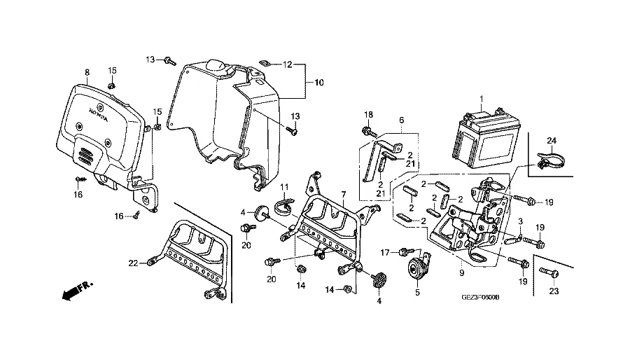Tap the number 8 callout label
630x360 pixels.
coord(87,73)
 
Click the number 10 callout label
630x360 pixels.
coord(318,83)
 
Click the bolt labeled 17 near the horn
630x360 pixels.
coord(404,251)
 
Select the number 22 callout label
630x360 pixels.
coord(133,263)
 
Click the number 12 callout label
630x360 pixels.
coord(287,64)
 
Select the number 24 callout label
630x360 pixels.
coord(552,140)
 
